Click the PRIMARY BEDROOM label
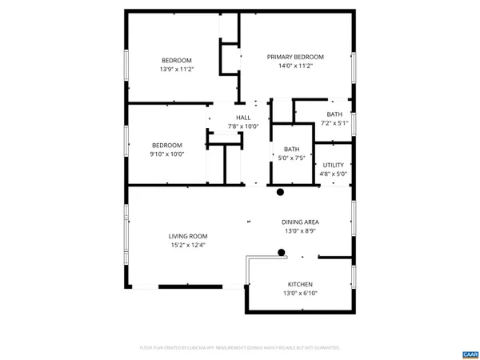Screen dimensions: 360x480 (x=295, y=57)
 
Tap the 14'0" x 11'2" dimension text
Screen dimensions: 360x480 (x=295, y=66)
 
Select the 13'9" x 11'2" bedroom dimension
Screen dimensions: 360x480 (x=177, y=70)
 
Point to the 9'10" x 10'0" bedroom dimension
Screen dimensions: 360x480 (x=166, y=154)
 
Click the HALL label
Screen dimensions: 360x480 (x=243, y=118)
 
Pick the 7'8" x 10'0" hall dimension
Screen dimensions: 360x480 (x=243, y=126)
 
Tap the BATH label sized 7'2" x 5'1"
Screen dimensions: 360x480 (x=334, y=114)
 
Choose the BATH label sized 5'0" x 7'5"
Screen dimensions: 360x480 (x=291, y=149)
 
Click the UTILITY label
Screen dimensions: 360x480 (x=334, y=165)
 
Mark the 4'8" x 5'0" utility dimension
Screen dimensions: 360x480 (x=334, y=174)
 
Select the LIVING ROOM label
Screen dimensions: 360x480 (x=188, y=236)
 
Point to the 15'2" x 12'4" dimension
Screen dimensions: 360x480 (x=188, y=246)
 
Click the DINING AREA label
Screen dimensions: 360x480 (x=300, y=222)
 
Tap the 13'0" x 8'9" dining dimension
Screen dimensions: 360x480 (x=300, y=231)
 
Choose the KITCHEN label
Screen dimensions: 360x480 (x=300, y=285)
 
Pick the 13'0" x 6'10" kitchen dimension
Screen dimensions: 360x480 (x=300, y=294)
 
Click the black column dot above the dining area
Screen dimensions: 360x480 (x=281, y=192)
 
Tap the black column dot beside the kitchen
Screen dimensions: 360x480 (x=282, y=253)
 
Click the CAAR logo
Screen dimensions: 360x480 (x=469, y=353)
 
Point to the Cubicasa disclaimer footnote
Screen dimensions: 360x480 (x=240, y=348)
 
